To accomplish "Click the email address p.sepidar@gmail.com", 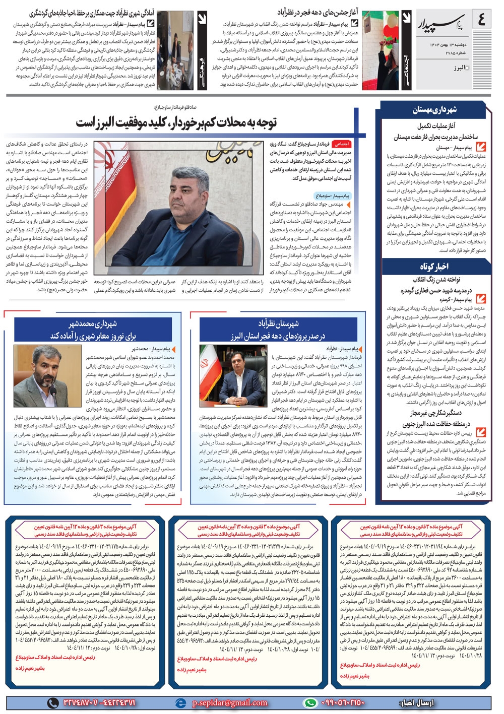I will tap(229, 702).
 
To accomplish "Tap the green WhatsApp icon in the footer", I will tap(310, 702).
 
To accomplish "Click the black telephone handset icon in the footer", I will tap(52, 702).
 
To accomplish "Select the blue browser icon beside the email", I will tap(180, 702).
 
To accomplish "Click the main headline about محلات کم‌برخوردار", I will tap(176, 122).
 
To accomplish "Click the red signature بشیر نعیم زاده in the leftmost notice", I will tap(30, 668).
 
